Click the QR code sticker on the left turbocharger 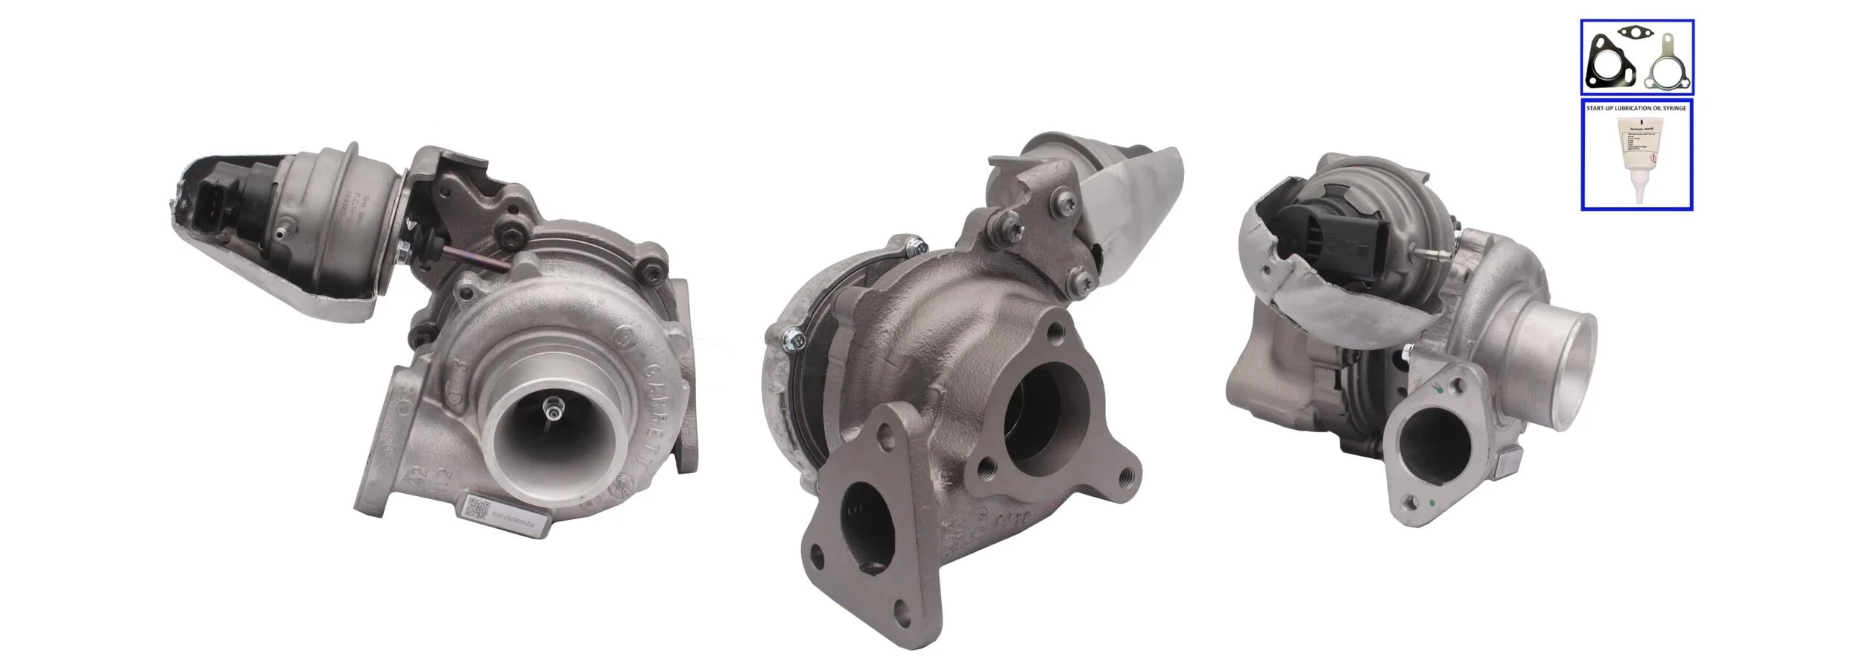click(x=476, y=508)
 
